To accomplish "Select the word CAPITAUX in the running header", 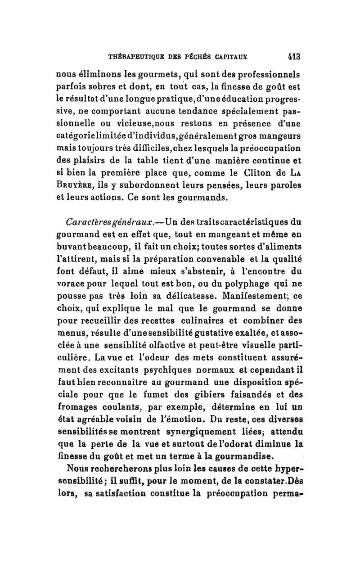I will click(241, 58).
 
